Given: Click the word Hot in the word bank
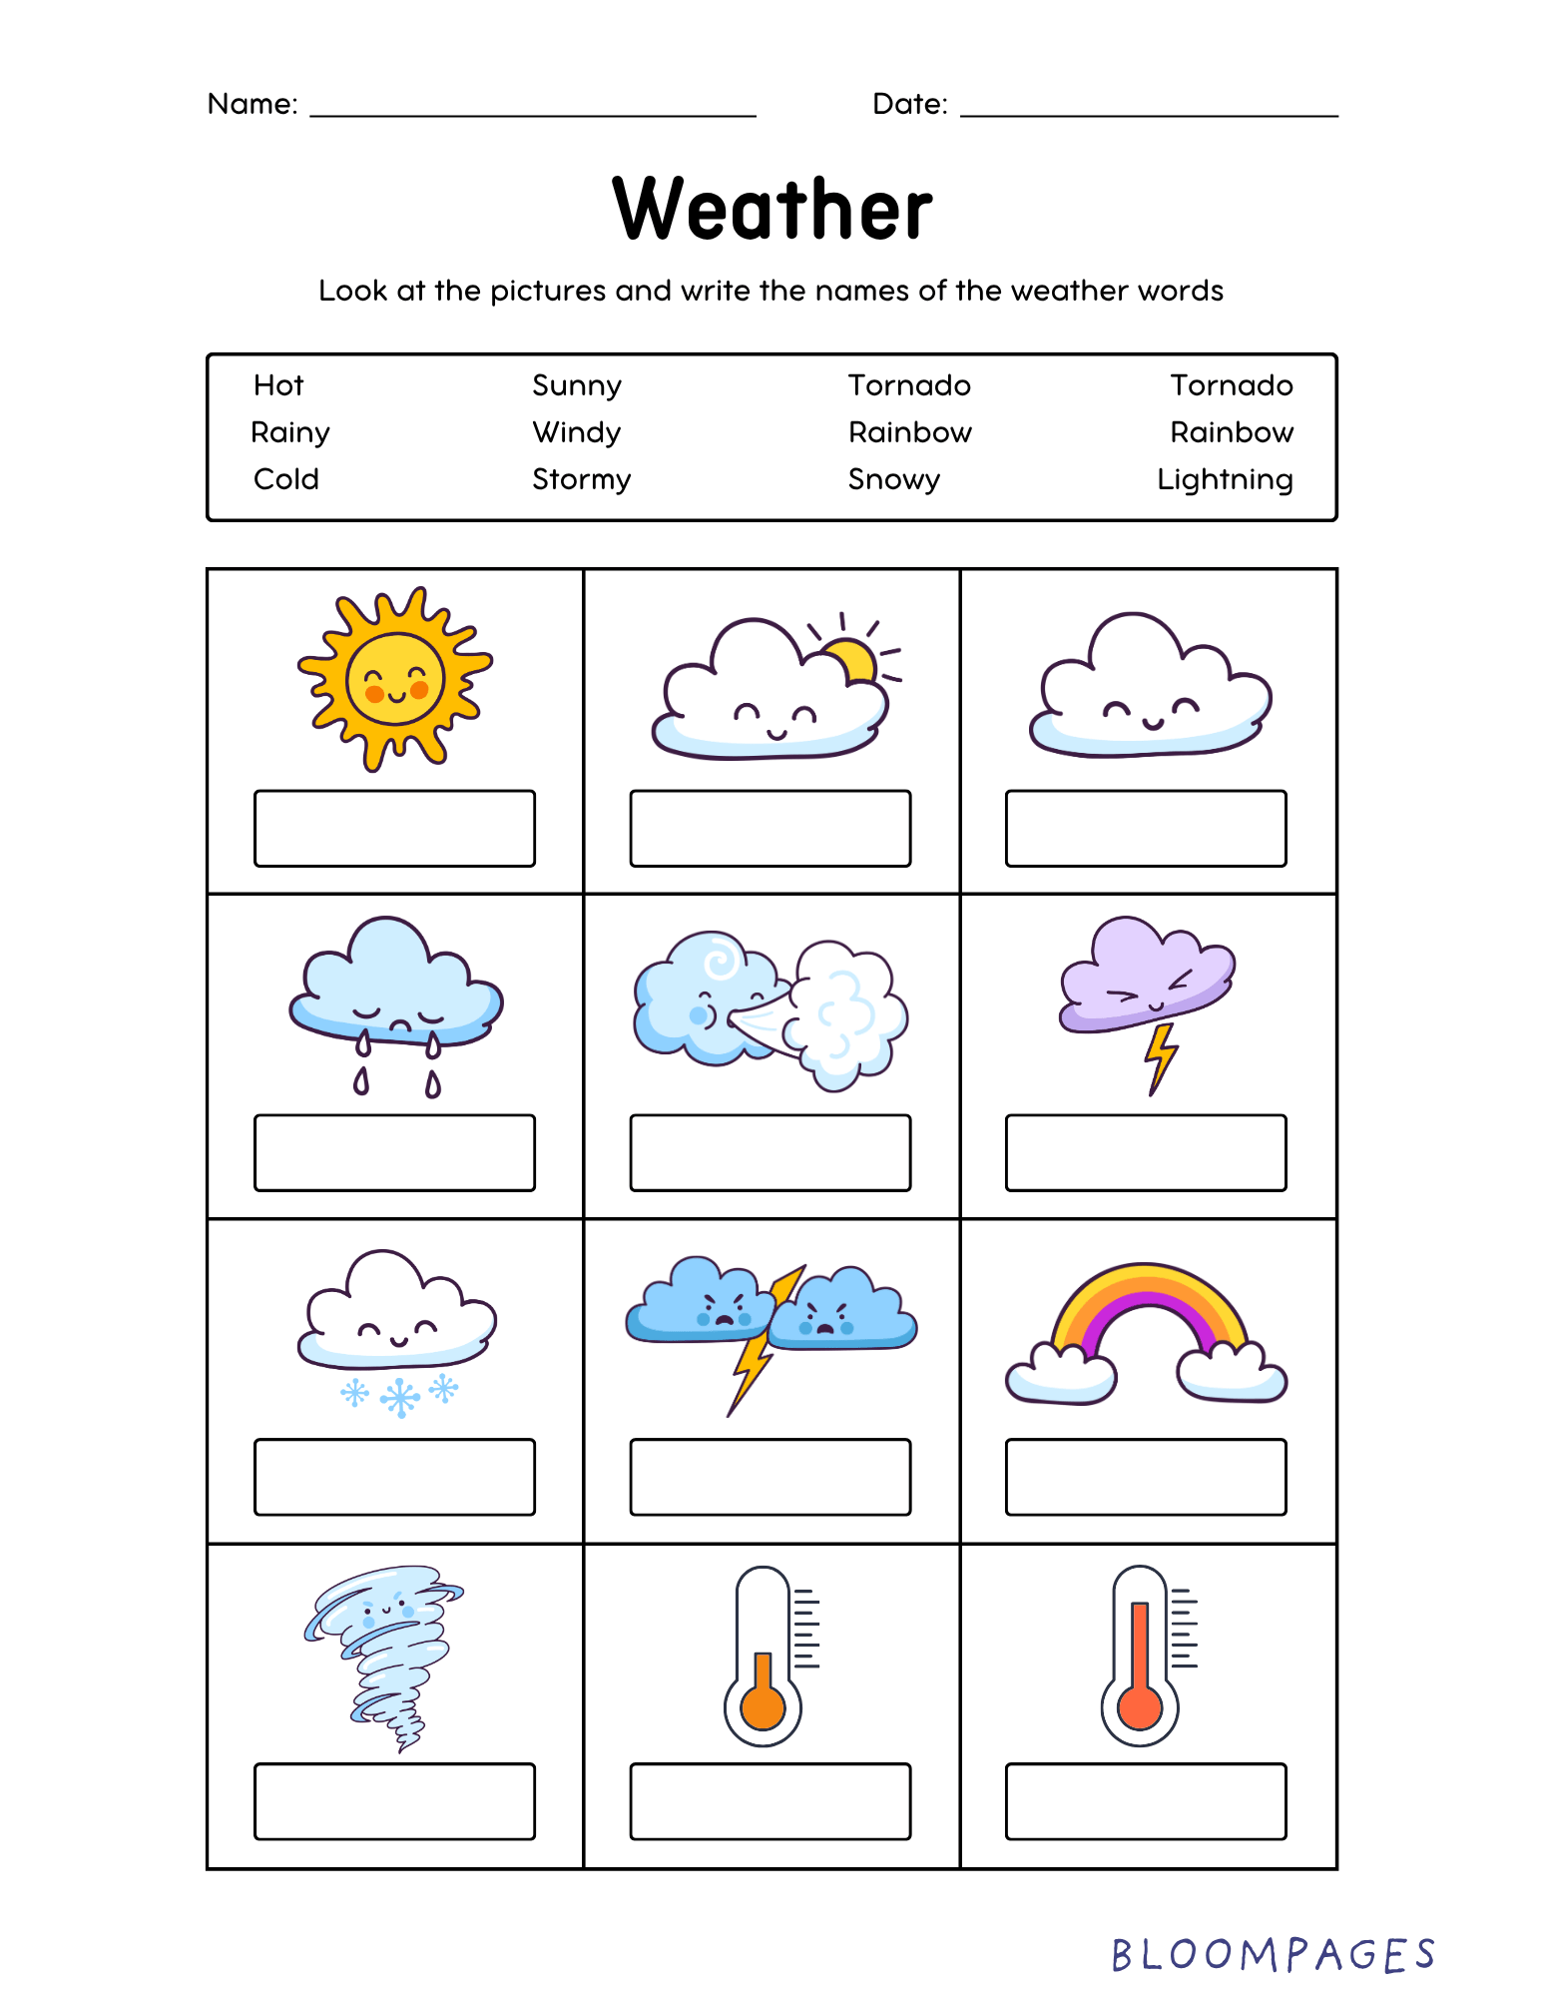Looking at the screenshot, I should coord(277,385).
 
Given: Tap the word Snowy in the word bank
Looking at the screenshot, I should coord(893,479).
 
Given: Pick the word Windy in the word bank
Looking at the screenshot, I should coord(576,432).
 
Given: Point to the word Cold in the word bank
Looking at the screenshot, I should coord(285,479).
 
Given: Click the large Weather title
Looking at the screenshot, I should coord(771,209).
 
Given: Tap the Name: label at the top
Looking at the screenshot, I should coord(253,104).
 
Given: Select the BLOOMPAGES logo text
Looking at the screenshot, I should coord(1273,1955).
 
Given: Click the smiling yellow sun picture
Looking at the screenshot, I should coord(395,679).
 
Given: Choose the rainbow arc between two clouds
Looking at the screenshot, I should coord(1148,1308).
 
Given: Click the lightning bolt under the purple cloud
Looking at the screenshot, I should coord(1160,1057).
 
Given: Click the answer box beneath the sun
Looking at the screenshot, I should coord(394,828).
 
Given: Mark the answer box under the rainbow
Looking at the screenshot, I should coord(1146,1477).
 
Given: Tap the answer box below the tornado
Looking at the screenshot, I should coord(394,1801).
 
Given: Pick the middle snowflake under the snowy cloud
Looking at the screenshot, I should coord(400,1397).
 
